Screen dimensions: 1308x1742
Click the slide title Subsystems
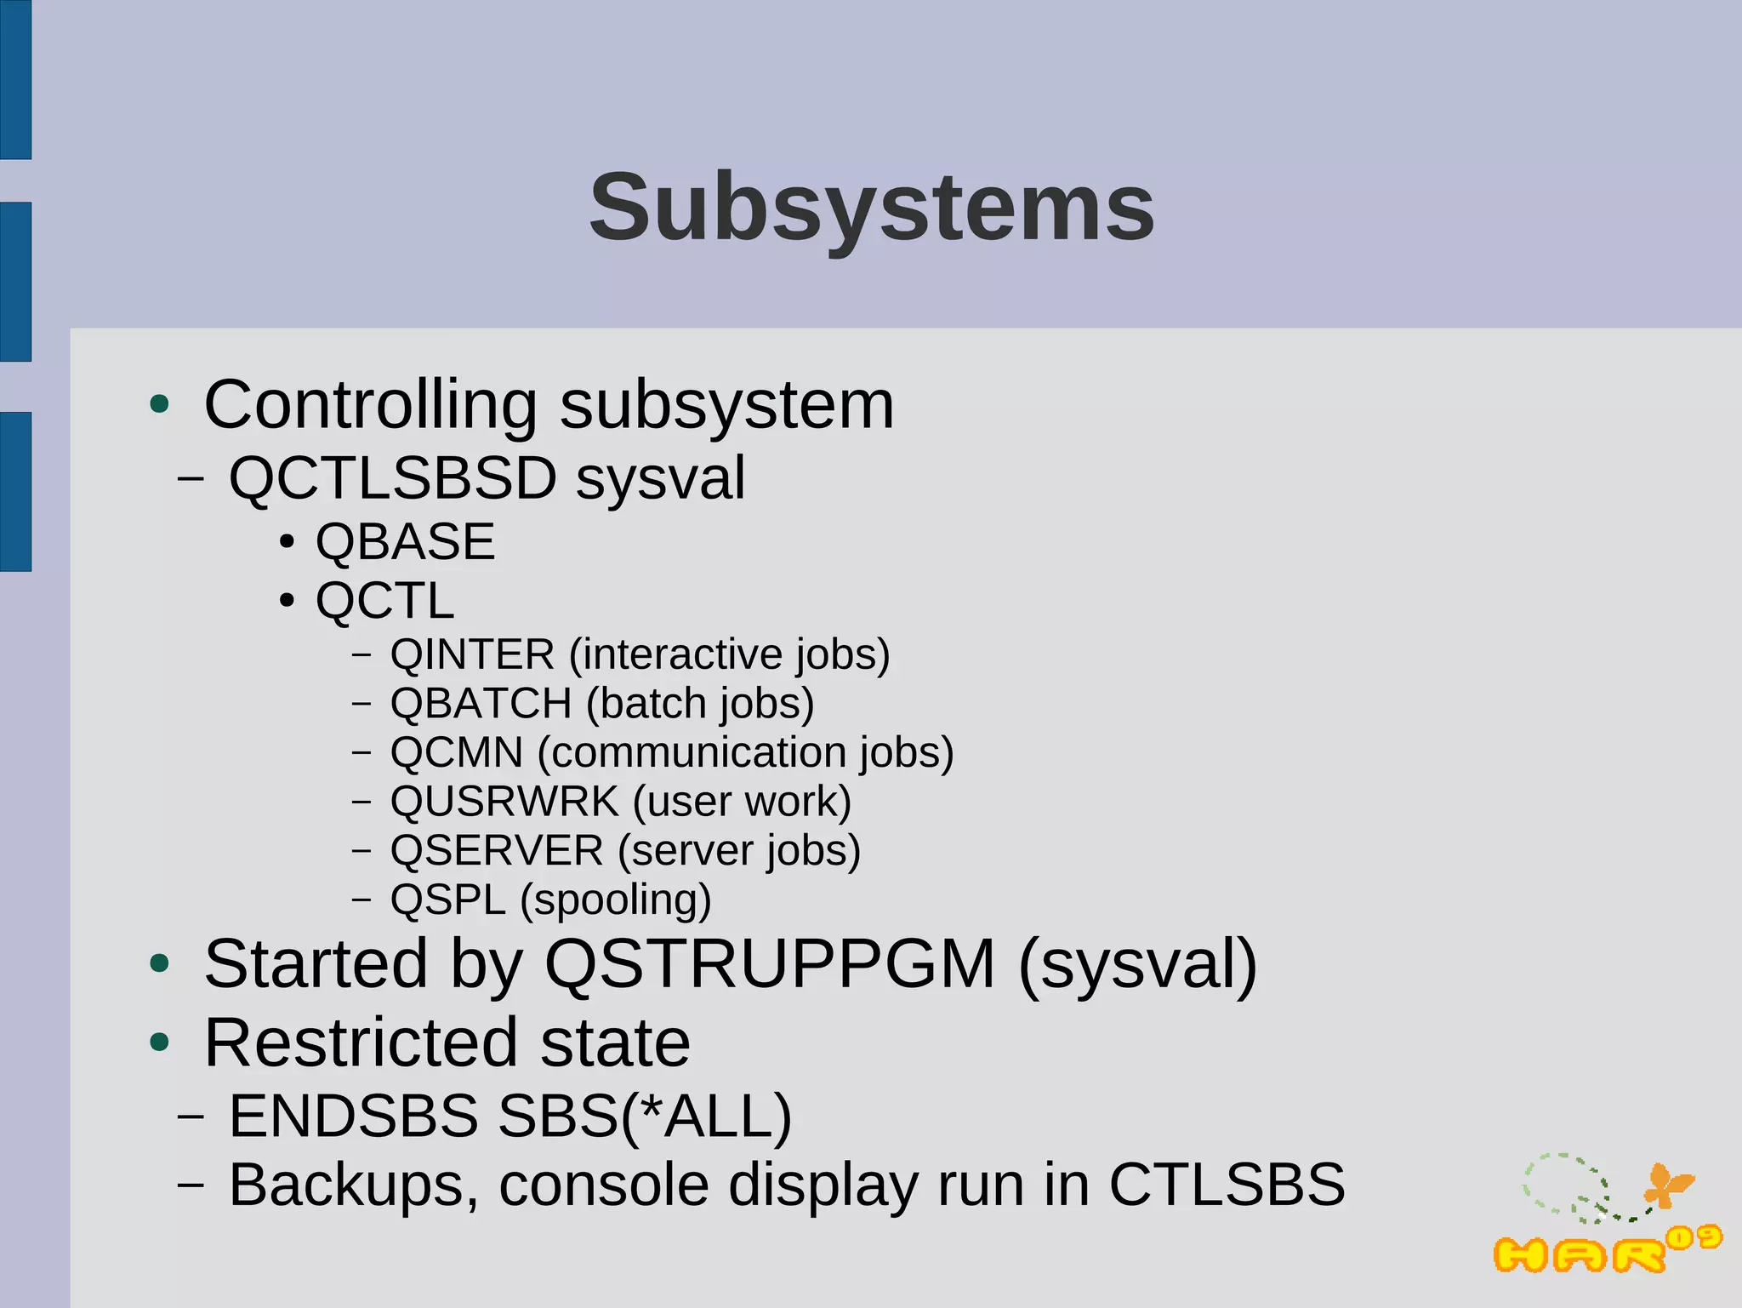coord(872,207)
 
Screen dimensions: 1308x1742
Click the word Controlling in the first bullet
coord(371,404)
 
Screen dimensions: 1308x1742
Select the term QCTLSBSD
coord(392,477)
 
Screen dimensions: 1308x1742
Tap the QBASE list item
coord(405,542)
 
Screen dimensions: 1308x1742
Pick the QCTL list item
coord(384,601)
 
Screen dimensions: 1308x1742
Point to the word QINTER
coord(472,654)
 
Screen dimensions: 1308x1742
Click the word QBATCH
coord(481,704)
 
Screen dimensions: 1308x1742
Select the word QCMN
coord(457,752)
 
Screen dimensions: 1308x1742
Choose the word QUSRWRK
coord(504,802)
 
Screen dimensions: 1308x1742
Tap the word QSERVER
coord(497,851)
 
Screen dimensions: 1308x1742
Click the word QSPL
coord(448,900)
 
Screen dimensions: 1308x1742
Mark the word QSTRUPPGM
coord(770,963)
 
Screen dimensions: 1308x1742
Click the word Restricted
coord(361,1042)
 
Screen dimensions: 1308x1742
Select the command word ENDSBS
coord(354,1116)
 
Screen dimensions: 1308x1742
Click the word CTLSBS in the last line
coord(1227,1185)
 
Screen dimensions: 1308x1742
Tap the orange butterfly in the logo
coord(1668,1185)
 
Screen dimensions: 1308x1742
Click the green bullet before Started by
coord(159,964)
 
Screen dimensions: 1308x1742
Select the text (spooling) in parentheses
coord(616,900)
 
